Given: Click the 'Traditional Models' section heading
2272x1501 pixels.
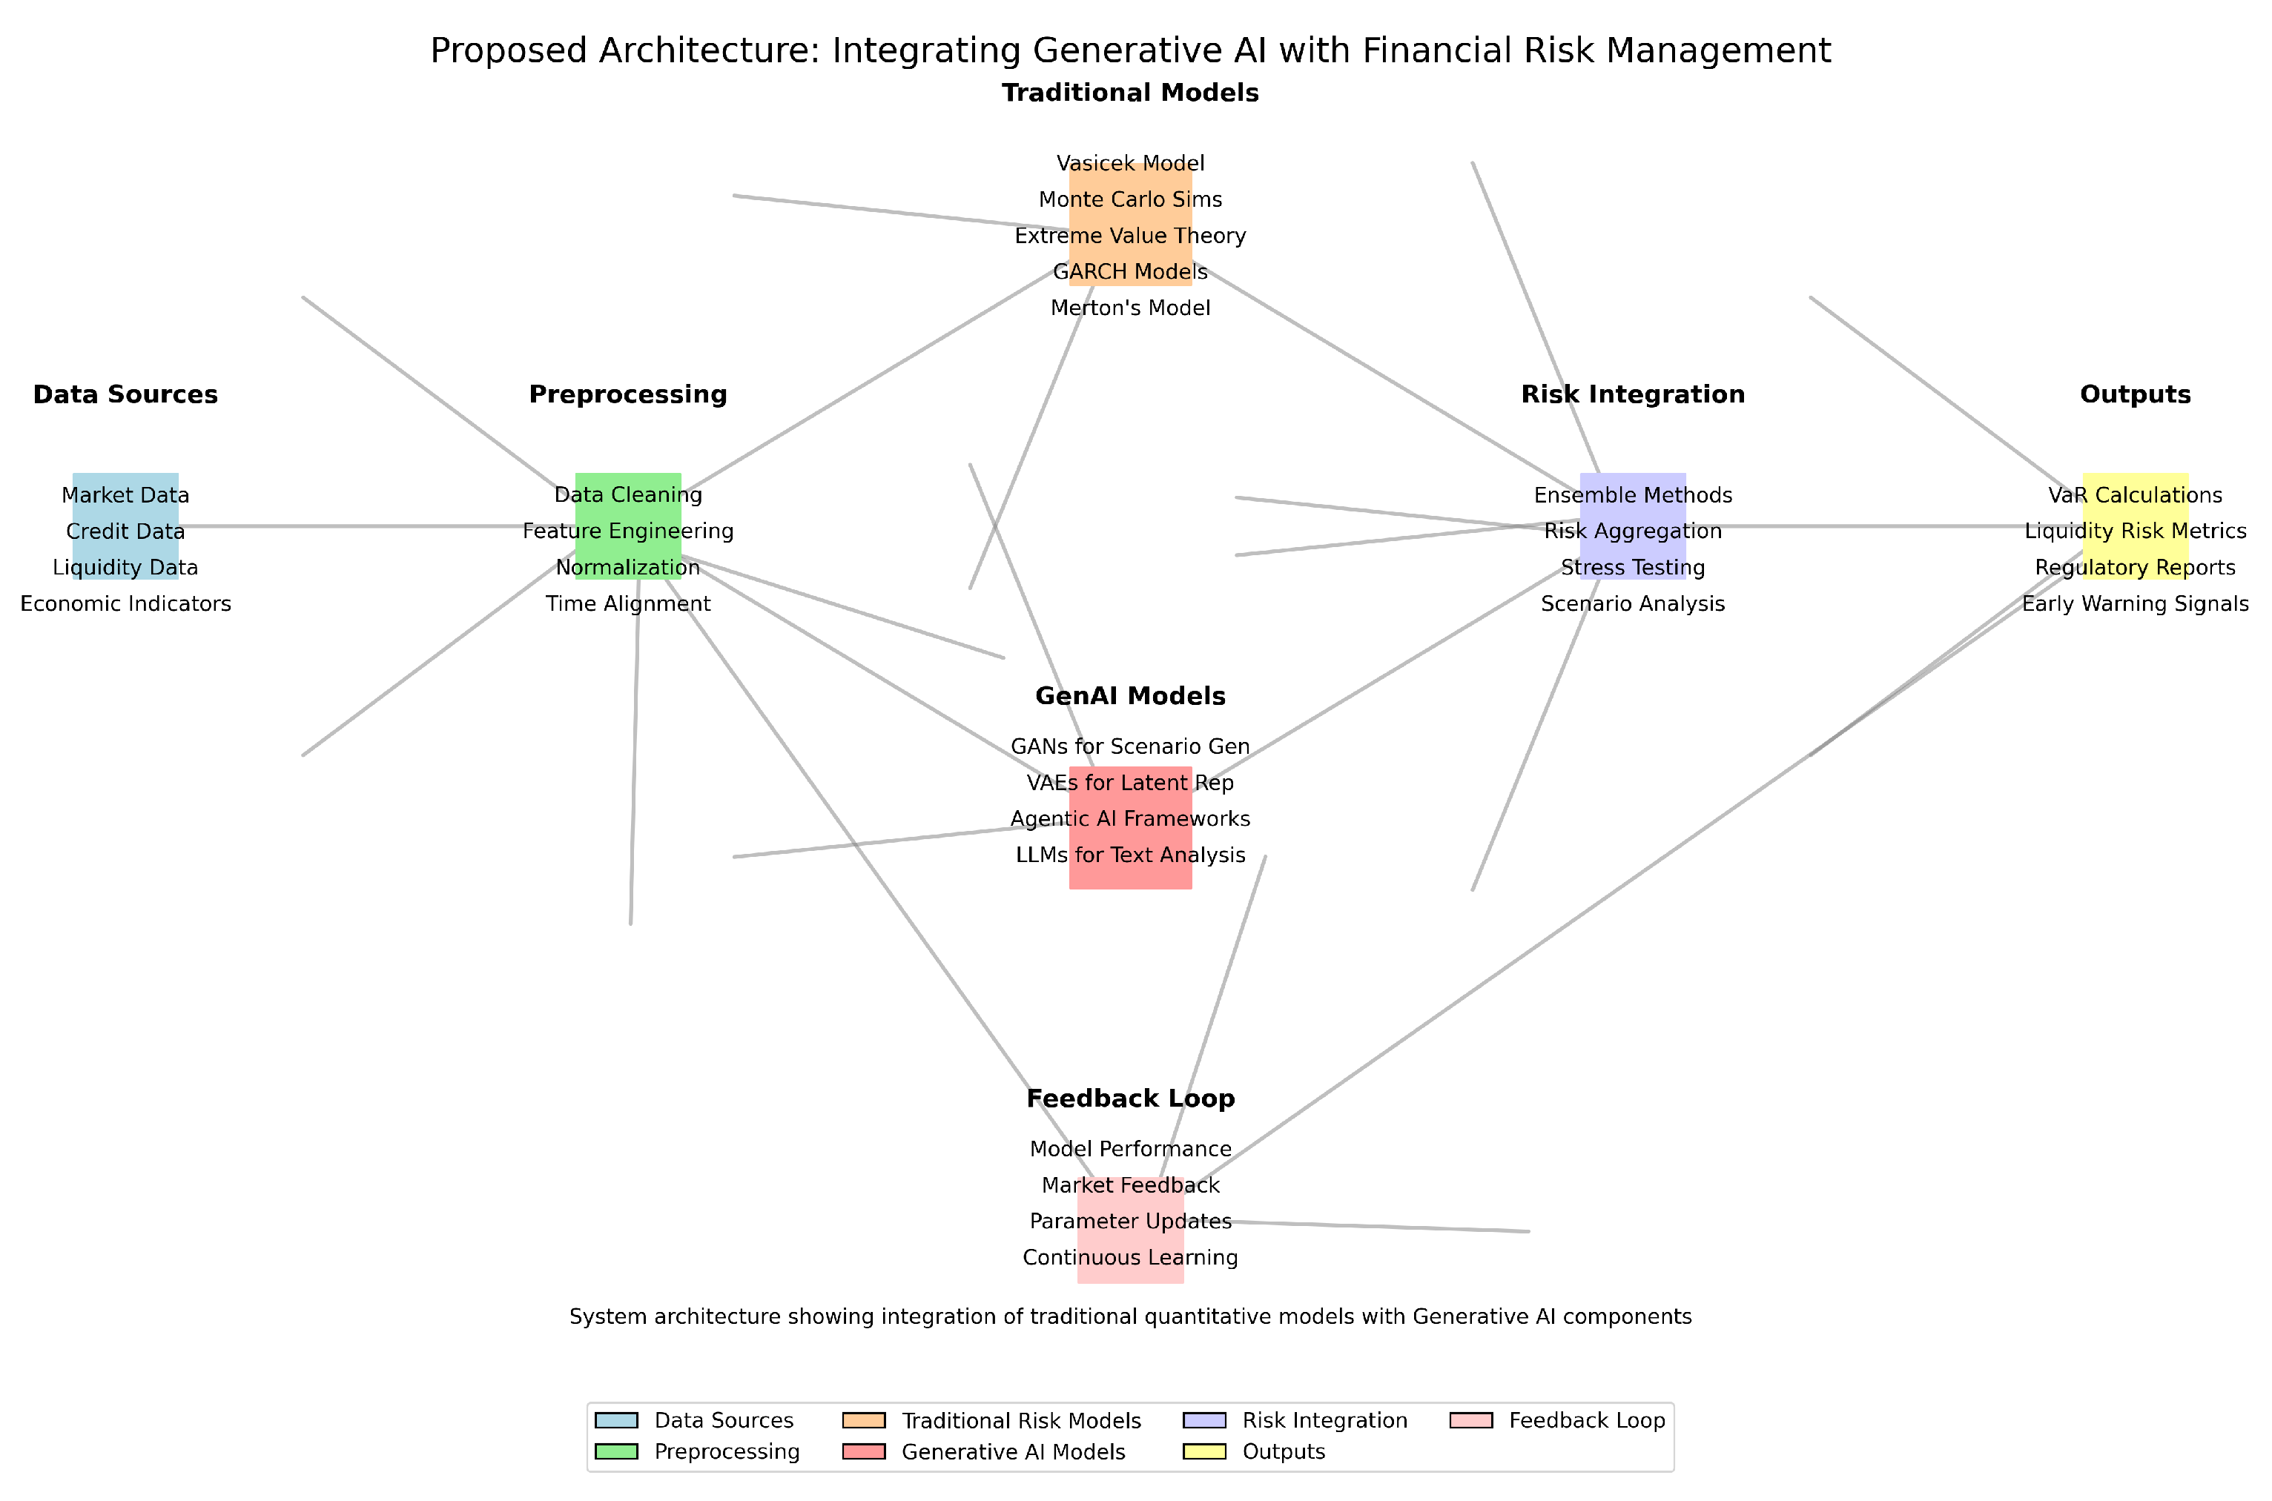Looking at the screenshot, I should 1130,93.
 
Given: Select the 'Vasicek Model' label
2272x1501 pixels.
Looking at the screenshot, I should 1130,164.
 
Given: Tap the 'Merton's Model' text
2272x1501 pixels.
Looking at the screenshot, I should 1130,308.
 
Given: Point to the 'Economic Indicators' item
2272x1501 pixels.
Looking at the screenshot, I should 125,604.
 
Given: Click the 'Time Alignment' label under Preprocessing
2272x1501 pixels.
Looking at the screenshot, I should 628,604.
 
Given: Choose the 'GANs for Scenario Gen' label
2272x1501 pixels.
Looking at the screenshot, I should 1130,746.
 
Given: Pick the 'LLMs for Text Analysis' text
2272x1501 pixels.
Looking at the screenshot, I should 1130,855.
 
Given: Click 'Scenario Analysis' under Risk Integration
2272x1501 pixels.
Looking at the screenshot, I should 1632,604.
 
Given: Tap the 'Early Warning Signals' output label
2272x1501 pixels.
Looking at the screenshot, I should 2135,604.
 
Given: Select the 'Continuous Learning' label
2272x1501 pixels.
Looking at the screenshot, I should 1130,1258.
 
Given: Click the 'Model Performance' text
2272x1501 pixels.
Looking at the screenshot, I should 1130,1149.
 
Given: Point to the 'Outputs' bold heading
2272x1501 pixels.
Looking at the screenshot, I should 2135,394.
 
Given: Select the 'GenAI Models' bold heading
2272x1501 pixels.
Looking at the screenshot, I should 1130,696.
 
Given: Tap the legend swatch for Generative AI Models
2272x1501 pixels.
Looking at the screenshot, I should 864,1451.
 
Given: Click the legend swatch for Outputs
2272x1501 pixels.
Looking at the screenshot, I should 1204,1451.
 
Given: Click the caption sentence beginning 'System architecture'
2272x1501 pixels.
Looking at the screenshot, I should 1130,1317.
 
